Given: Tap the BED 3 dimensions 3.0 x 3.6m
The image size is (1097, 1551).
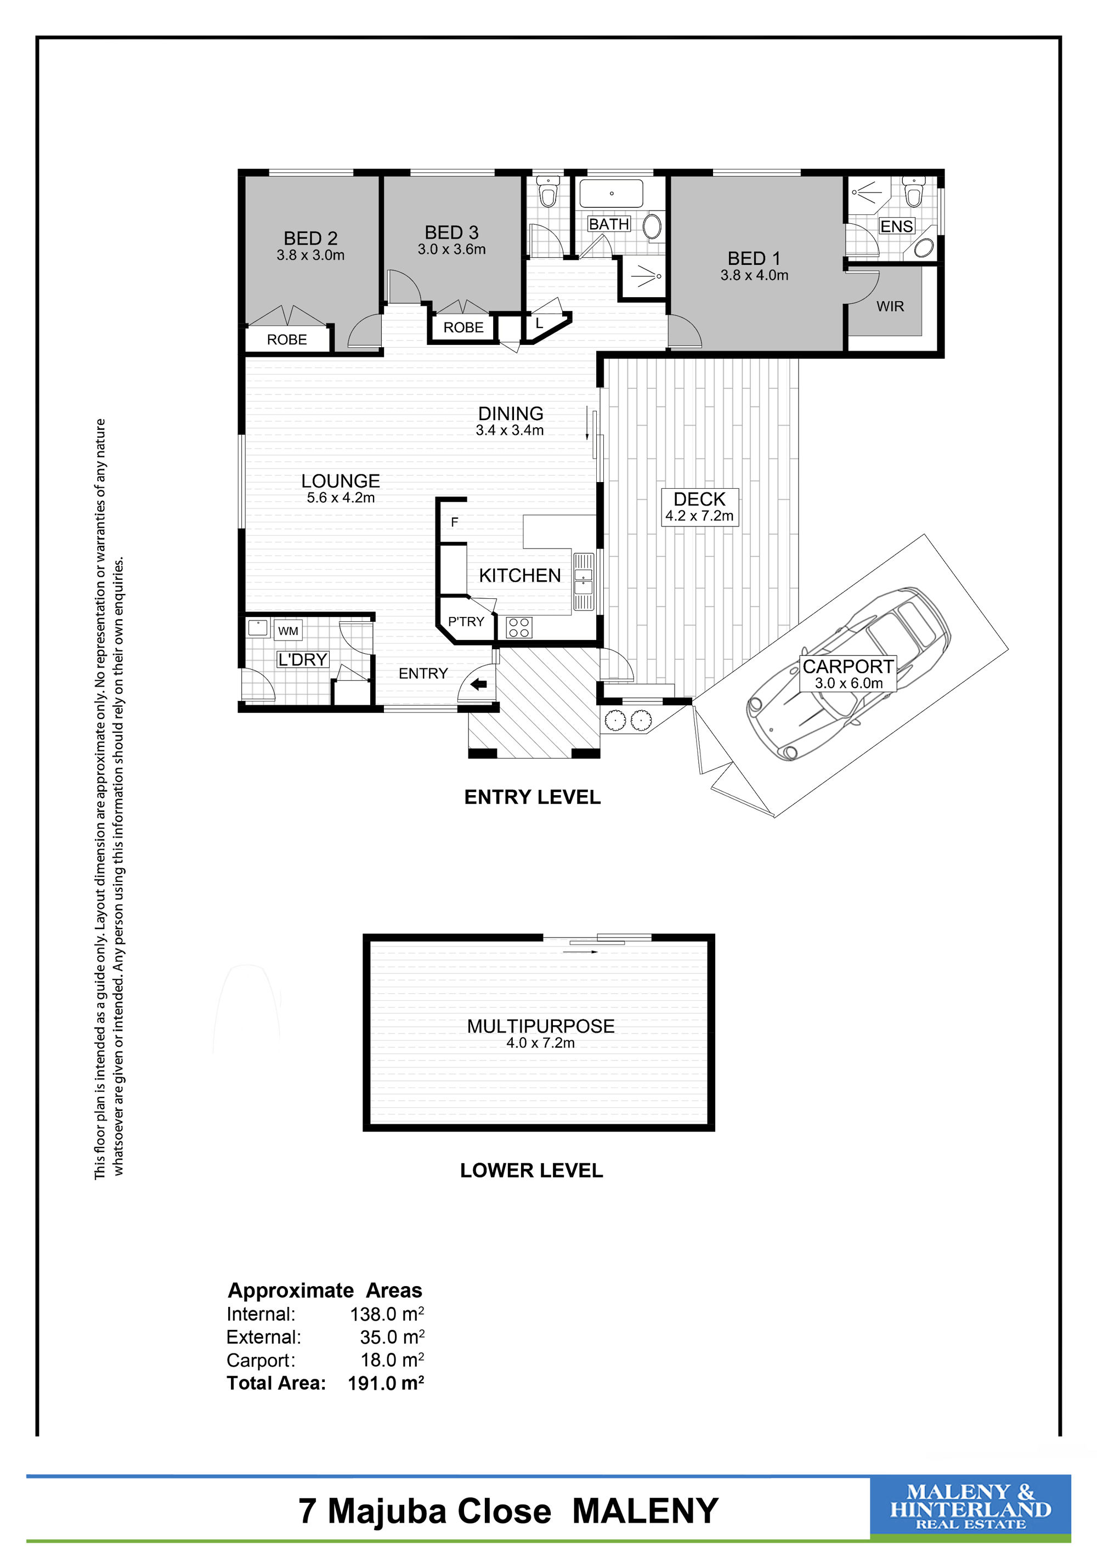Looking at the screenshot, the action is tap(451, 249).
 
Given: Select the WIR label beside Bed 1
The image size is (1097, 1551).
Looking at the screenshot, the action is tap(890, 307).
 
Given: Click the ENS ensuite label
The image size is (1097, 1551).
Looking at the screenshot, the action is tap(896, 227).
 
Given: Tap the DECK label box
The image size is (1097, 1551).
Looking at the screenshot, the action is tap(699, 507).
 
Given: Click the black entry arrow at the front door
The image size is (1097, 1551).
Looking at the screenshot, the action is tap(478, 685).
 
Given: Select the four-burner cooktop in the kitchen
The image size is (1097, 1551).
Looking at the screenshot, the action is tap(519, 627).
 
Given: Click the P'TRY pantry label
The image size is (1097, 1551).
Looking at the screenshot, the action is tap(466, 621).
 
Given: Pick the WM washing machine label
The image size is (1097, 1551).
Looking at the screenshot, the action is tap(288, 631).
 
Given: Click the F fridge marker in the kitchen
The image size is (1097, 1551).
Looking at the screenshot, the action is tap(455, 522).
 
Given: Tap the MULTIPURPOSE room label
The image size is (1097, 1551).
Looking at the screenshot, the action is tap(540, 1026).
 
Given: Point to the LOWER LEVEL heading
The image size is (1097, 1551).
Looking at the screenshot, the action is tap(531, 1171).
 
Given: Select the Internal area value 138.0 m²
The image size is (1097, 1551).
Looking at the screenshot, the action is tap(387, 1314).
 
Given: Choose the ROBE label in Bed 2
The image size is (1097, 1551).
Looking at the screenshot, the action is tap(286, 340).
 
